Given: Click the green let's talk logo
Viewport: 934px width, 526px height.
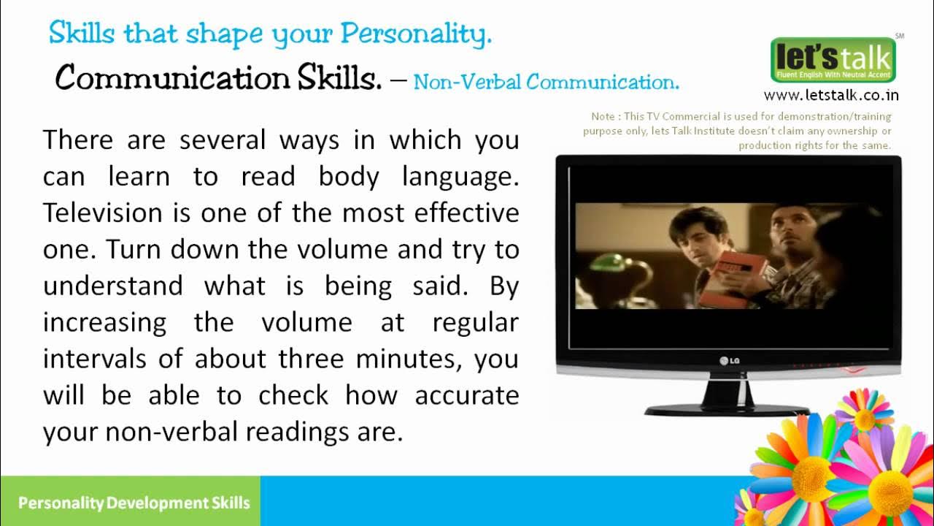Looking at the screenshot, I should [x=833, y=59].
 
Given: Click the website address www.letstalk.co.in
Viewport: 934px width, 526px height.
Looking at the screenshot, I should [x=831, y=95].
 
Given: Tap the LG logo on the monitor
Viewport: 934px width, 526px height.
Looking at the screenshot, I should [x=729, y=359].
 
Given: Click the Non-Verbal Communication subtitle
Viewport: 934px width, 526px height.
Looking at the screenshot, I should [x=546, y=82].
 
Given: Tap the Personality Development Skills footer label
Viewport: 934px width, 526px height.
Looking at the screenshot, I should [x=134, y=503].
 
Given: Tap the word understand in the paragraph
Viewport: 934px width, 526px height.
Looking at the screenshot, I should [x=113, y=286].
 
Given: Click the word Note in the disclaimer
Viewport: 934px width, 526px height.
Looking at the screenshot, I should [x=603, y=116].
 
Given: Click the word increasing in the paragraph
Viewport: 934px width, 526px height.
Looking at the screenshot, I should [x=104, y=322].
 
